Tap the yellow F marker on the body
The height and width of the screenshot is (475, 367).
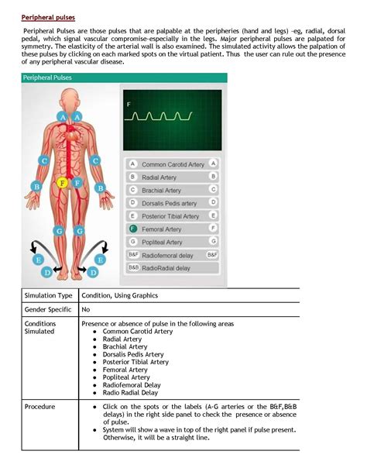(x=63, y=183)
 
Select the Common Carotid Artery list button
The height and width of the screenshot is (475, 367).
(x=173, y=164)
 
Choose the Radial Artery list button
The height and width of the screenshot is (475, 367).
(x=173, y=177)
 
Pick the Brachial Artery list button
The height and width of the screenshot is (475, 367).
(x=173, y=190)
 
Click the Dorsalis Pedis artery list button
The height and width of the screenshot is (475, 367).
(x=173, y=203)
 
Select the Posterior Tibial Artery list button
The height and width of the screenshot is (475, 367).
(x=173, y=215)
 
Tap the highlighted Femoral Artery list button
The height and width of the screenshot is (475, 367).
(x=173, y=229)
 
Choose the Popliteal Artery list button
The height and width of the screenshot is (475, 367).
(x=173, y=242)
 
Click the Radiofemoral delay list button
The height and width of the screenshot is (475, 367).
(x=173, y=254)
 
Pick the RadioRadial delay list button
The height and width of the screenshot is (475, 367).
(x=173, y=267)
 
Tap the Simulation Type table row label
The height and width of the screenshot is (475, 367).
(x=48, y=295)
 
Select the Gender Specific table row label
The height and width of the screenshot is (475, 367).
(x=48, y=308)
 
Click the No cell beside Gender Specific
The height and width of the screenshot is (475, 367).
(x=85, y=308)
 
